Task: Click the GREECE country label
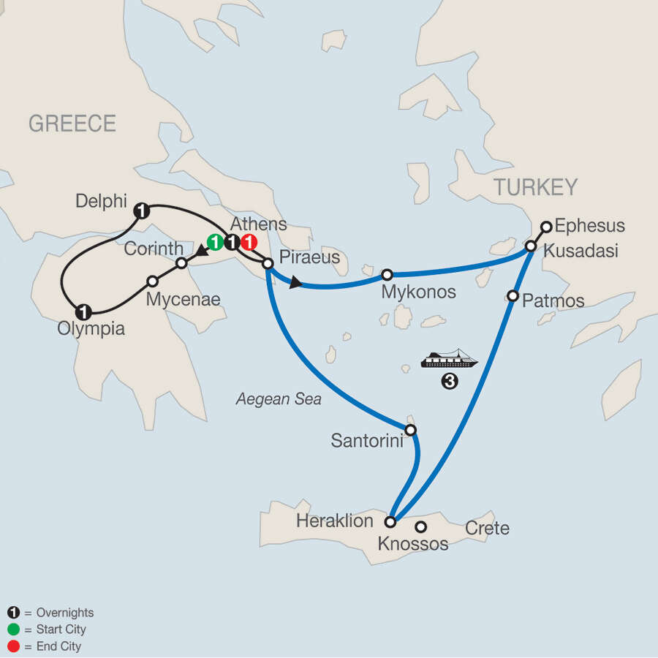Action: click(72, 124)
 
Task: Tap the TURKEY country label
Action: click(535, 188)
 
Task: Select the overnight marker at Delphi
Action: click(142, 211)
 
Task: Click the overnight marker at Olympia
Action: click(84, 310)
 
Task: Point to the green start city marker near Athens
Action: click(215, 243)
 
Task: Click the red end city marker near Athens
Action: click(249, 243)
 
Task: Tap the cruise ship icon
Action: click(449, 359)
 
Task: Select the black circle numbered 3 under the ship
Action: click(450, 381)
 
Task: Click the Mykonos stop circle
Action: click(387, 275)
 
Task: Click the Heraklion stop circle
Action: click(390, 522)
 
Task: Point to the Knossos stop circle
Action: click(421, 526)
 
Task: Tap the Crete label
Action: click(488, 528)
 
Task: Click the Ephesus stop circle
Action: click(546, 226)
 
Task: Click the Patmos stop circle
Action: click(513, 296)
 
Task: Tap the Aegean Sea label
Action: click(279, 400)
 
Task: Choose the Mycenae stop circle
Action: click(153, 281)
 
